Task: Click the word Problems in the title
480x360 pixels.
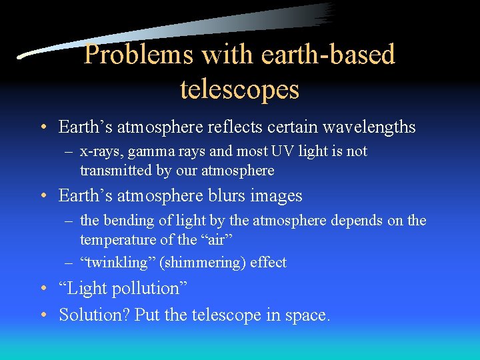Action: click(137, 55)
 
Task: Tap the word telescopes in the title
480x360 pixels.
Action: click(239, 89)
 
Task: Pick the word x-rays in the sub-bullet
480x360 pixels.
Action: click(100, 151)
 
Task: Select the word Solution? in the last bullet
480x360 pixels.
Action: click(94, 314)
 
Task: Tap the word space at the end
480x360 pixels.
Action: click(309, 315)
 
